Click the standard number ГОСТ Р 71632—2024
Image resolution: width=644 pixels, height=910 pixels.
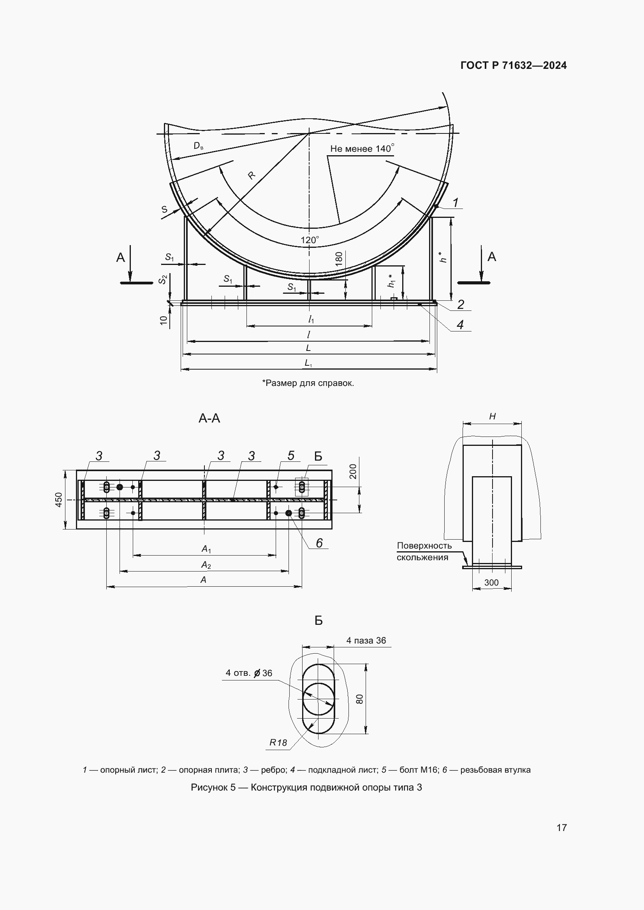point(514,65)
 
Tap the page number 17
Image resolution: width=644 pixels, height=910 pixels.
point(561,827)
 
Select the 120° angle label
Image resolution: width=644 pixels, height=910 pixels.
point(310,240)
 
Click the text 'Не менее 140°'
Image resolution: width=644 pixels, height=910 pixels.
point(362,149)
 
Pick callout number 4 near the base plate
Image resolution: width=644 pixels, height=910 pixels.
point(460,324)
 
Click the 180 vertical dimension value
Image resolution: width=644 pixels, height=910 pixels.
point(339,259)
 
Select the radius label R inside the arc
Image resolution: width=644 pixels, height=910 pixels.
point(252,175)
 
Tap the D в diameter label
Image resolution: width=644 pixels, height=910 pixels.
point(198,146)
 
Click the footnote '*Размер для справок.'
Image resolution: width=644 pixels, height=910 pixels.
point(308,383)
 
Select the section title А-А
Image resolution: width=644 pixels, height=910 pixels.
point(209,418)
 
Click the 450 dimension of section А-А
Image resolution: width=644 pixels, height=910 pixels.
point(59,500)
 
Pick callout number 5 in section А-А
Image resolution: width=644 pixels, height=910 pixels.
point(291,456)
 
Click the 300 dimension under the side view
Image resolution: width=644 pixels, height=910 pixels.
point(491,582)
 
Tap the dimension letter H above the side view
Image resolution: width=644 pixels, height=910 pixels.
point(492,416)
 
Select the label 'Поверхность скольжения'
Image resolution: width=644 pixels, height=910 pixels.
point(424,551)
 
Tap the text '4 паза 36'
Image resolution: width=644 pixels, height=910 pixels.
point(366,640)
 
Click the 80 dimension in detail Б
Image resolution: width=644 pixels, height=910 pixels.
point(360,699)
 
